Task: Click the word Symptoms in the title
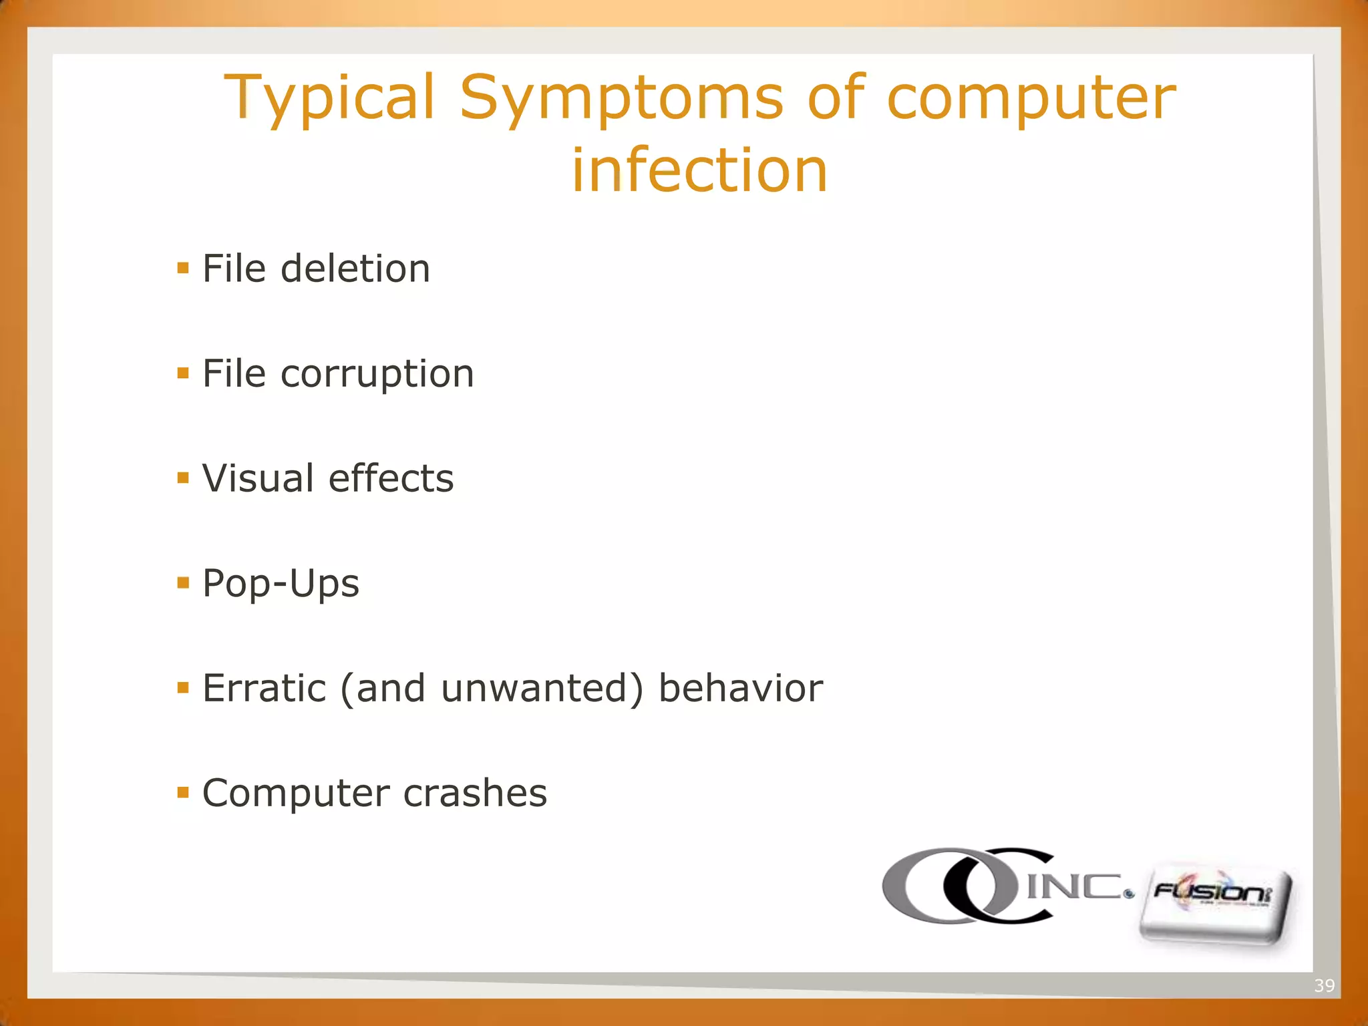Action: [x=621, y=99]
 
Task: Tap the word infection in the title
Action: [x=699, y=170]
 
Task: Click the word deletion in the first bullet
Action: [x=355, y=269]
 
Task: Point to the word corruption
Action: [x=377, y=373]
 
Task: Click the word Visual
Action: [x=258, y=478]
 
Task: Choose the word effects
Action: [x=391, y=478]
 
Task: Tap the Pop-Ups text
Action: [x=281, y=584]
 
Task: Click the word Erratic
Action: [x=264, y=689]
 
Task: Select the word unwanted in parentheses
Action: [x=534, y=689]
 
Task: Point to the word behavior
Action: [x=740, y=689]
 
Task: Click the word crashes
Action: [x=475, y=794]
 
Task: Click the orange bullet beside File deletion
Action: [x=183, y=269]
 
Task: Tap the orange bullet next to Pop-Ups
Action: [x=183, y=584]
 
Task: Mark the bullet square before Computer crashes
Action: [x=183, y=794]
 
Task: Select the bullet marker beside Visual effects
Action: [x=183, y=478]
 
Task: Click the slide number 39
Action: [x=1324, y=985]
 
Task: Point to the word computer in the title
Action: [x=1031, y=99]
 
